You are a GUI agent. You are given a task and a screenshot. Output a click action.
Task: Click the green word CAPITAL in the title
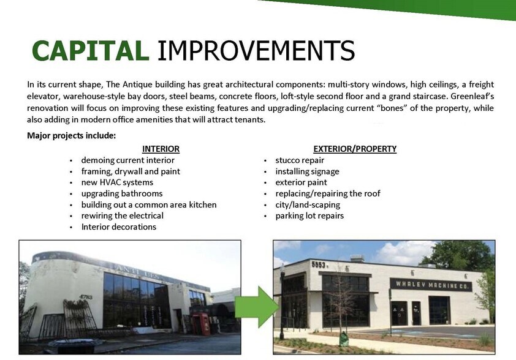tap(90, 51)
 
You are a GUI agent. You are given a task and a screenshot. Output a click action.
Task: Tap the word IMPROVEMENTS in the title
tap(256, 51)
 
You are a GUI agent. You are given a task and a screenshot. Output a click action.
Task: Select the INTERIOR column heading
tap(161, 149)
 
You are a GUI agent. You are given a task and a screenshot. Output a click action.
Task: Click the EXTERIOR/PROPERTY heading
tap(355, 149)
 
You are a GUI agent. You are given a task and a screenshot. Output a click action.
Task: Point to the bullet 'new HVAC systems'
tap(117, 182)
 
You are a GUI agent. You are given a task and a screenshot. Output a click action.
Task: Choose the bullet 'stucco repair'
tap(300, 160)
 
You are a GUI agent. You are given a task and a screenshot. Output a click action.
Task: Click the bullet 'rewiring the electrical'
tap(123, 216)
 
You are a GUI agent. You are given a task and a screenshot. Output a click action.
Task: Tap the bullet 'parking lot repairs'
tap(309, 216)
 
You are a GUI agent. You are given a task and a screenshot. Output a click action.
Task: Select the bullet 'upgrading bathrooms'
tap(122, 193)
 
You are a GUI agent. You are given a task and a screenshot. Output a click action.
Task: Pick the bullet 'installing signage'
tap(308, 171)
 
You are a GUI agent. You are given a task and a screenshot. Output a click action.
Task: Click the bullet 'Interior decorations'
tap(119, 227)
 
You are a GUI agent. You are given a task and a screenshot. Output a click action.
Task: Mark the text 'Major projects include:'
tap(72, 136)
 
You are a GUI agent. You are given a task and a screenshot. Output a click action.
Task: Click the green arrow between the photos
tap(257, 307)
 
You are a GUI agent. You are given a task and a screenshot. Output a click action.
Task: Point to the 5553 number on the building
tap(319, 264)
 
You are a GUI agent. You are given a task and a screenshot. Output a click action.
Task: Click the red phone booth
tap(202, 324)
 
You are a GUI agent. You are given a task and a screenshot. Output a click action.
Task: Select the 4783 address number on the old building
tap(86, 297)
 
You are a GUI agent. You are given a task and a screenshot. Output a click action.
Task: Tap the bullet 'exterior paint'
tap(301, 182)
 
